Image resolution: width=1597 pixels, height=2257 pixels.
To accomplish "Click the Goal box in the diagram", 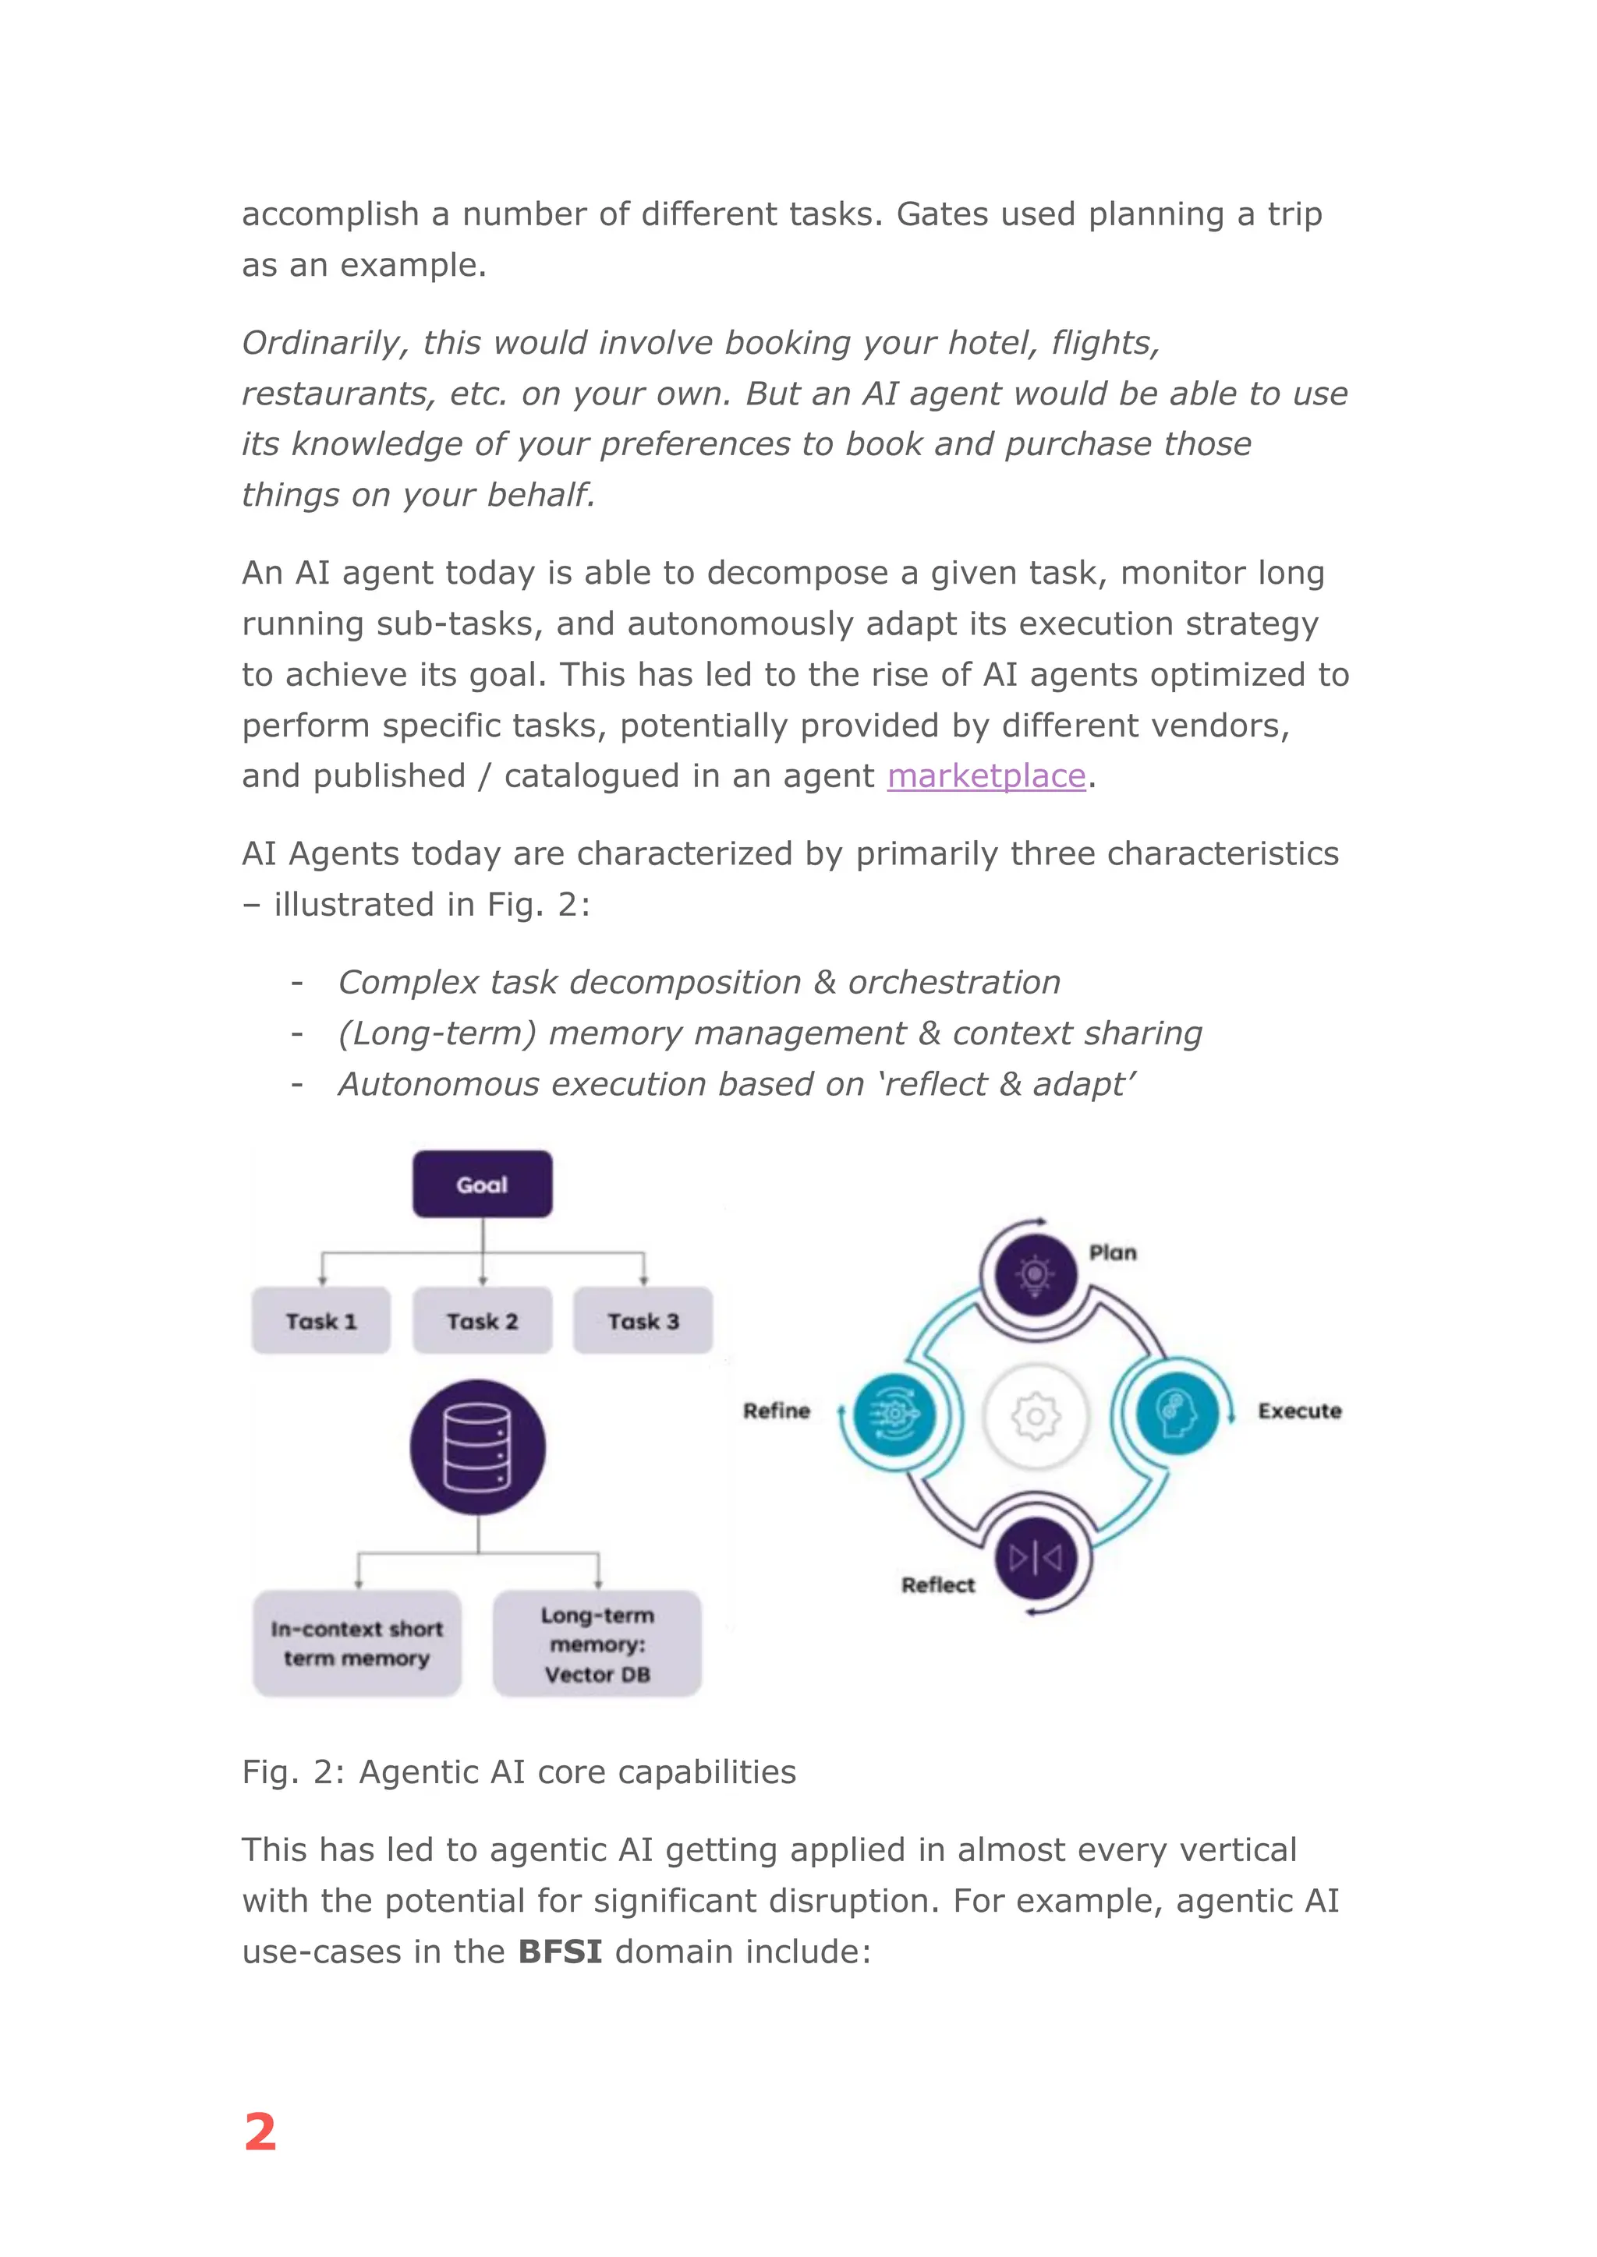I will (482, 1184).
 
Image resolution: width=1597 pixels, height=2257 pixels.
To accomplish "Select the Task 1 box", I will (320, 1320).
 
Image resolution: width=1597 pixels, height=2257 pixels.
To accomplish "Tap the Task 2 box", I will (482, 1320).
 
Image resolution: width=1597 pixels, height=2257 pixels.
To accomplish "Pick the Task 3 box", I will (643, 1320).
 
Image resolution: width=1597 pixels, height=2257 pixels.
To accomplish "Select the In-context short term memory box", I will (357, 1643).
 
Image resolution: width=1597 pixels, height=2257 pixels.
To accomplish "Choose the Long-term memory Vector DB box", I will (597, 1644).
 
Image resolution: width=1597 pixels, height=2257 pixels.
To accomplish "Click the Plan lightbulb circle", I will (1035, 1274).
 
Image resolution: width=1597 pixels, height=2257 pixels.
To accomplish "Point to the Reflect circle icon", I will (1036, 1557).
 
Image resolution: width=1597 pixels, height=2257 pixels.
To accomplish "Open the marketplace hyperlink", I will (986, 775).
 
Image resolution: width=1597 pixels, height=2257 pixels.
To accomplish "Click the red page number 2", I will (260, 2132).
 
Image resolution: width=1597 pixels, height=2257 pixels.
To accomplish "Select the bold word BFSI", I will (560, 1951).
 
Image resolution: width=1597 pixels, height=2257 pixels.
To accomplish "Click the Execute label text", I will (1299, 1411).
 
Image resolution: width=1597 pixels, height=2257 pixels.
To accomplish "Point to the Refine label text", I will (776, 1411).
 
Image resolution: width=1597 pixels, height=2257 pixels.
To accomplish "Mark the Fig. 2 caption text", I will (519, 1771).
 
